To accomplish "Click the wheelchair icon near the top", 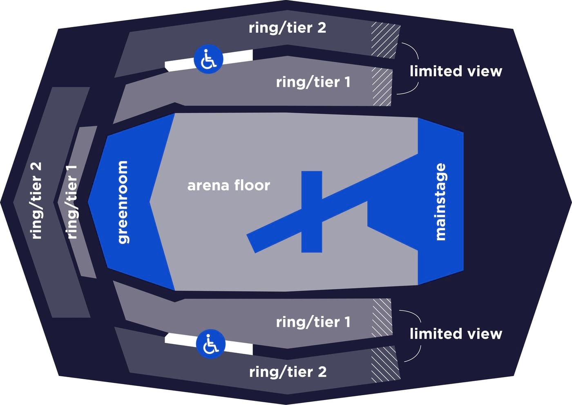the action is pyautogui.click(x=209, y=59).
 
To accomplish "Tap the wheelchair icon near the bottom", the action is pyautogui.click(x=211, y=344).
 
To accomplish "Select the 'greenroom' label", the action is pyautogui.click(x=122, y=202).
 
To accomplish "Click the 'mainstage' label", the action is pyautogui.click(x=440, y=202).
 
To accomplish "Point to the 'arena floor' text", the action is pyautogui.click(x=228, y=185).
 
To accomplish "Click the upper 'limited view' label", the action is pyautogui.click(x=456, y=71).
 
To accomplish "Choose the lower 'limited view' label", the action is pyautogui.click(x=456, y=334).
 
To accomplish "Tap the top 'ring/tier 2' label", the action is pyautogui.click(x=288, y=28).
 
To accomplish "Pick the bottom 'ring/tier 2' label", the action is pyautogui.click(x=288, y=372).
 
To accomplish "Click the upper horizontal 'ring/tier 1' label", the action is pyautogui.click(x=313, y=82).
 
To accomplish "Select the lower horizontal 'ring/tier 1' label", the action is pyautogui.click(x=313, y=322).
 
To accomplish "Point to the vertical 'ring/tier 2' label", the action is pyautogui.click(x=36, y=201).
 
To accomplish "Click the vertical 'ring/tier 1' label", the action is pyautogui.click(x=72, y=202).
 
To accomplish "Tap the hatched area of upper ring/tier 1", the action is pyautogui.click(x=382, y=87).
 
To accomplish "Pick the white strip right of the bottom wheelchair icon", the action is pyautogui.click(x=239, y=348).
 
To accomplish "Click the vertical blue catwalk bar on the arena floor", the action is pyautogui.click(x=311, y=212).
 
